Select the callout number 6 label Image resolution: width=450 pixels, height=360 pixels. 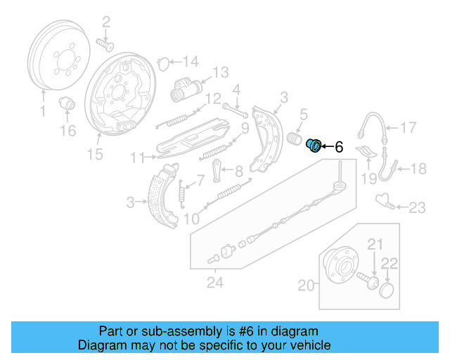tap(338, 147)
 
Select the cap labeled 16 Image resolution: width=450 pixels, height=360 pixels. tap(67, 103)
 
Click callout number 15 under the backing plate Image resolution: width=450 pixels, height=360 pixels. tap(94, 154)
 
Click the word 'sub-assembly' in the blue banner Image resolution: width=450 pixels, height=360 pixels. tap(165, 331)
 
